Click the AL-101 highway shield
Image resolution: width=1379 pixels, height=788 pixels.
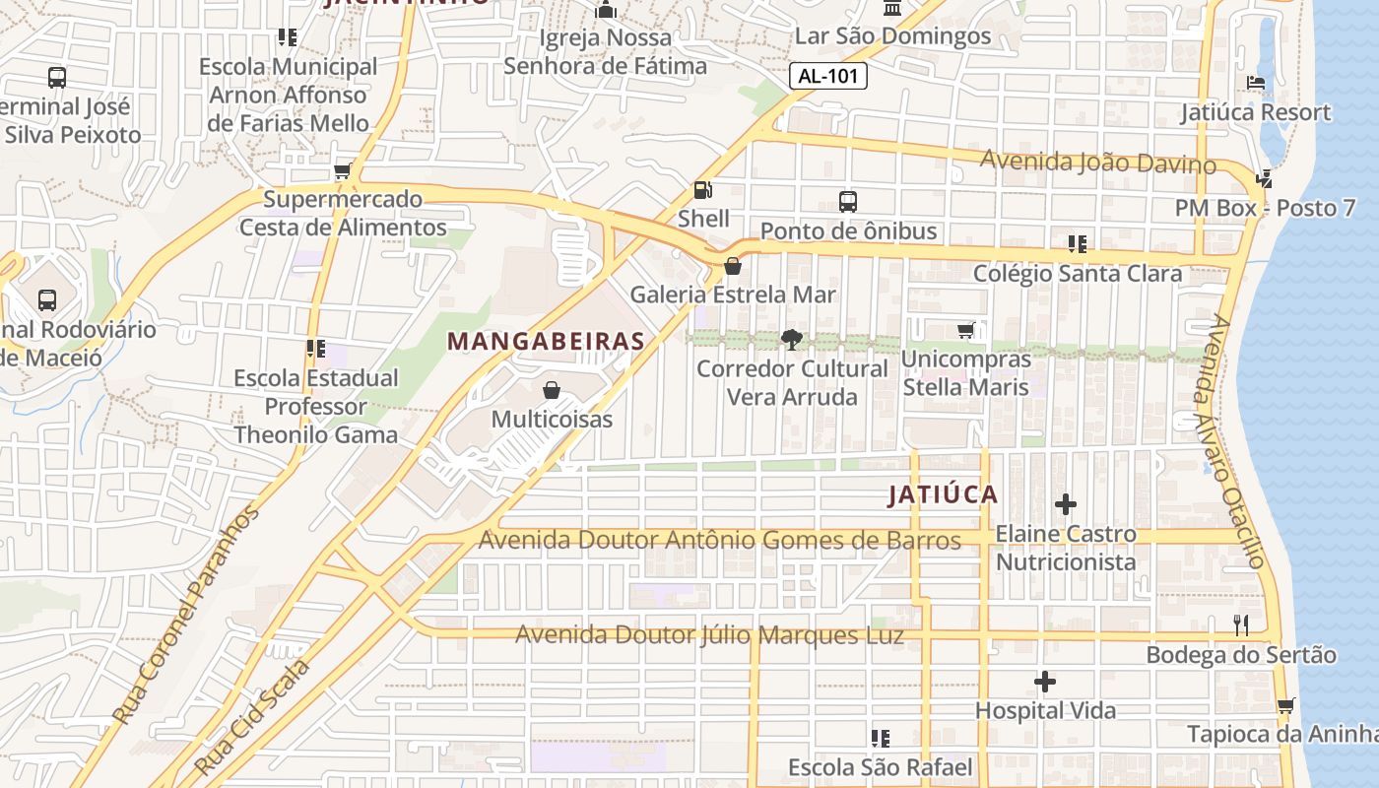click(x=828, y=76)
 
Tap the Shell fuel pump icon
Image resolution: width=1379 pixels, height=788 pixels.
click(x=703, y=189)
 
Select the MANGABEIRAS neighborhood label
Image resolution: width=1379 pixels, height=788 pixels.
click(x=546, y=342)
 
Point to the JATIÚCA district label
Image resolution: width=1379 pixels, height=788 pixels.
click(x=943, y=494)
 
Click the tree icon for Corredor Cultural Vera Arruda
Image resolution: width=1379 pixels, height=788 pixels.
click(x=791, y=340)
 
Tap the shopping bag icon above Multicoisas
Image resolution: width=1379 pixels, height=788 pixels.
click(x=552, y=390)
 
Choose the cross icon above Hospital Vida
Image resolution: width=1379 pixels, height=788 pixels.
click(x=1045, y=682)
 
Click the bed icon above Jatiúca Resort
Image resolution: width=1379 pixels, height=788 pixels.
click(x=1256, y=83)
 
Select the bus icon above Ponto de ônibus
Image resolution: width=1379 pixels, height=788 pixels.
click(x=848, y=202)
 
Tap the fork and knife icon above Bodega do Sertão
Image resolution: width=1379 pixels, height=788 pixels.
click(x=1241, y=624)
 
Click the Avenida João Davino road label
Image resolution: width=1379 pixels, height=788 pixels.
click(x=1098, y=162)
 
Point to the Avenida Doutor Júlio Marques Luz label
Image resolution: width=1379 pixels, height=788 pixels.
click(x=709, y=635)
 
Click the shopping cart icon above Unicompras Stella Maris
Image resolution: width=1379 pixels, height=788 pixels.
click(x=965, y=331)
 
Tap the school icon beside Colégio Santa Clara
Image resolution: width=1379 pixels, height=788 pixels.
click(x=1077, y=243)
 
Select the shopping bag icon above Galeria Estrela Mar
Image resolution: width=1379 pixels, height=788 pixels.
click(x=733, y=266)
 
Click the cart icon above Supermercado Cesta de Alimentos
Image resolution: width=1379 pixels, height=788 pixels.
click(x=343, y=171)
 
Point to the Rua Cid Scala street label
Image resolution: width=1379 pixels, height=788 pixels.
click(x=252, y=716)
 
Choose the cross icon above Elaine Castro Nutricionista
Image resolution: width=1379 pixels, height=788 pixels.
click(x=1065, y=505)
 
